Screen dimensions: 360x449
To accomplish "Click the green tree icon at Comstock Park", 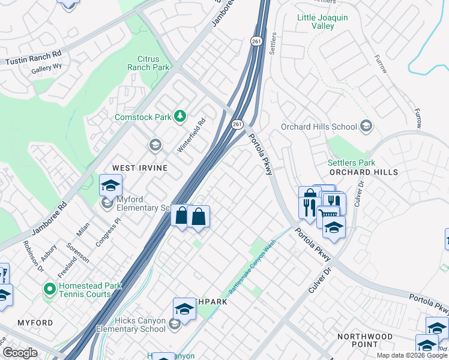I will click(179, 116).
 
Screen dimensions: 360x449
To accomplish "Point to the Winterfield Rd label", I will click(191, 135).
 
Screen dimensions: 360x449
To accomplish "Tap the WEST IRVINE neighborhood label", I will click(138, 167).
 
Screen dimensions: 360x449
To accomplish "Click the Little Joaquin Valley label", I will click(323, 22).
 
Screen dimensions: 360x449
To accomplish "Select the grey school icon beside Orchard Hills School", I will click(366, 127).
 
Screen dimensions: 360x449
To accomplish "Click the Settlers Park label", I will click(351, 163).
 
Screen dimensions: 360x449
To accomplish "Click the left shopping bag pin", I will click(181, 215).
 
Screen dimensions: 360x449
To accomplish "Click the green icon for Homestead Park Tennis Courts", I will click(49, 289).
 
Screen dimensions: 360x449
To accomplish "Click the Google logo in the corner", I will click(20, 353).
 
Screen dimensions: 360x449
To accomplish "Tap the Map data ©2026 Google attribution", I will click(411, 355).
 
